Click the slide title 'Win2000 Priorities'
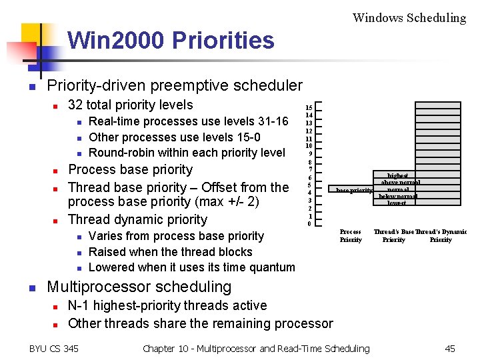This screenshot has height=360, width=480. click(x=171, y=41)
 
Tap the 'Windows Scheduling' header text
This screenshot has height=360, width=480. click(x=409, y=18)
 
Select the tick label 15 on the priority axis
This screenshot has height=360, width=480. click(x=309, y=107)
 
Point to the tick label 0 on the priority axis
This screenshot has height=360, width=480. click(x=309, y=224)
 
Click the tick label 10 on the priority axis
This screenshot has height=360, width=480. click(x=309, y=146)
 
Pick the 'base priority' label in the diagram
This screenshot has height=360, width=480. click(x=354, y=191)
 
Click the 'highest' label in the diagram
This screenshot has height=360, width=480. click(x=398, y=176)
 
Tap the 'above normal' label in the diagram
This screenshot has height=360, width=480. click(x=400, y=183)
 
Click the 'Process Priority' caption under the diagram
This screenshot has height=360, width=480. click(x=351, y=236)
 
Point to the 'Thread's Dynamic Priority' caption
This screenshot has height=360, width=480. click(x=441, y=236)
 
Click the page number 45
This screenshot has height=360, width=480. click(x=450, y=348)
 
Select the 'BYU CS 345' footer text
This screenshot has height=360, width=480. click(x=54, y=348)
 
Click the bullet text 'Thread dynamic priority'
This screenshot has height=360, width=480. click(x=137, y=219)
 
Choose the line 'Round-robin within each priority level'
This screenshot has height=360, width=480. click(x=187, y=153)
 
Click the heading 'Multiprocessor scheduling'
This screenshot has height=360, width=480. click(x=139, y=287)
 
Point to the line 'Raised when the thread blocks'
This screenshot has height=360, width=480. click(x=170, y=252)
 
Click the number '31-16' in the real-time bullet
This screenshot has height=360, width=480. click(x=272, y=121)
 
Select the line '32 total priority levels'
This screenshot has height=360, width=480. click(x=131, y=105)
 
